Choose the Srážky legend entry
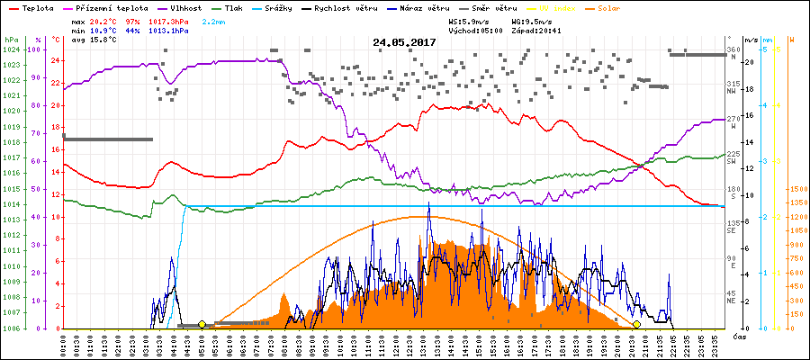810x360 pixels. [293, 8]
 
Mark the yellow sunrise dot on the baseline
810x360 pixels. [202, 324]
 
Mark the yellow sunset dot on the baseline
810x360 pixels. [636, 324]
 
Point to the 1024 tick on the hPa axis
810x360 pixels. [11, 49]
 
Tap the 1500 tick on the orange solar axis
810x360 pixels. [796, 190]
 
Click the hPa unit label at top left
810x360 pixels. [11, 40]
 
